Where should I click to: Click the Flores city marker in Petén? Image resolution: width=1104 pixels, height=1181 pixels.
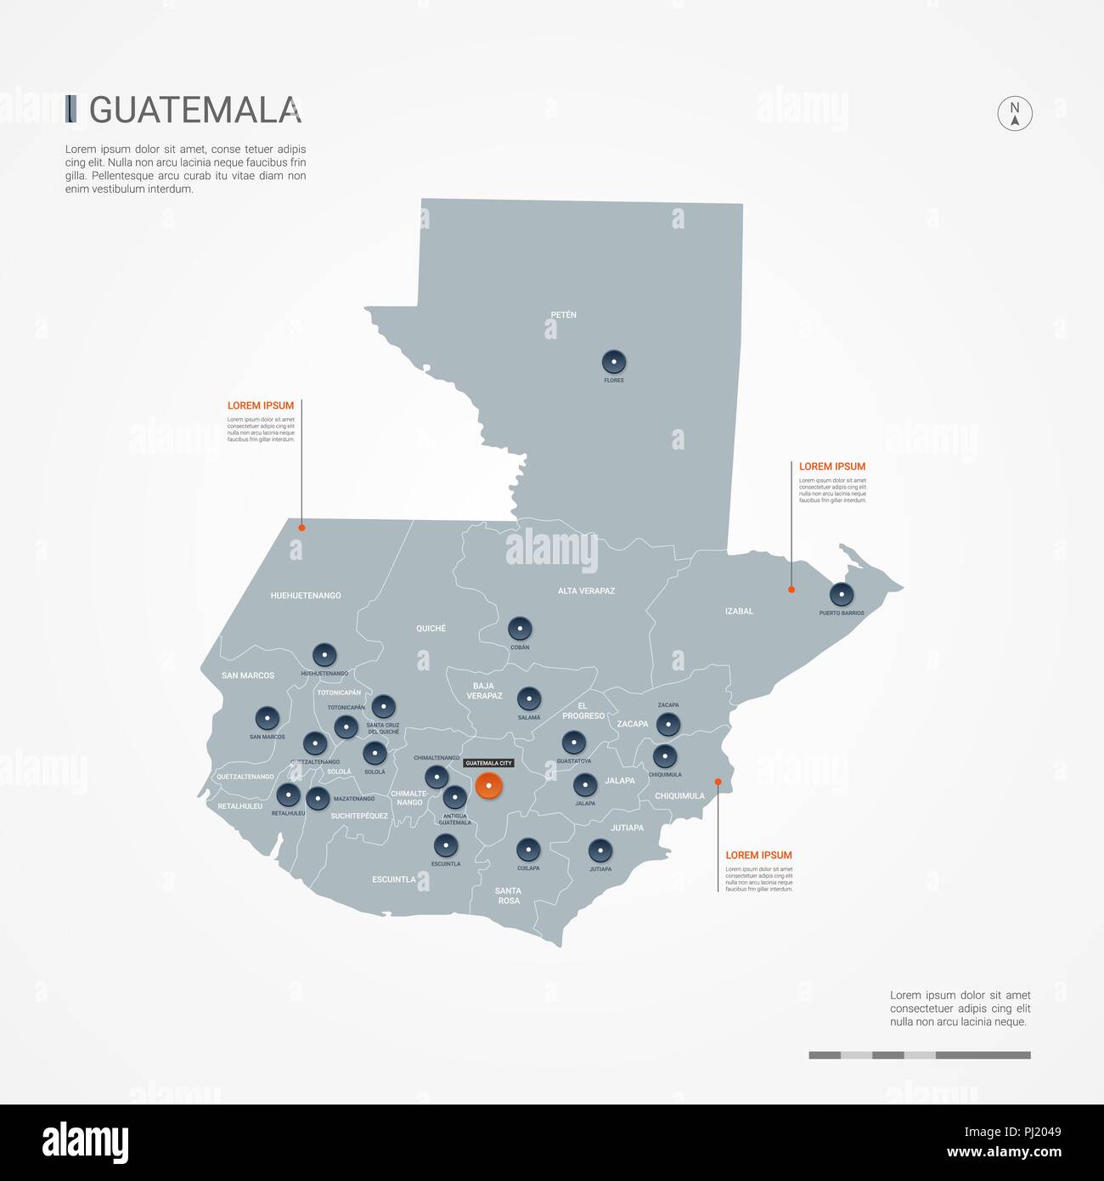click(613, 362)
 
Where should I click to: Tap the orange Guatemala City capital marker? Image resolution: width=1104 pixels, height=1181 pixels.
click(488, 786)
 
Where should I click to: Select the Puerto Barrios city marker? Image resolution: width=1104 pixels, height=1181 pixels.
click(842, 594)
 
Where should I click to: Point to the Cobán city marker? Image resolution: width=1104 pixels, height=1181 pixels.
click(520, 630)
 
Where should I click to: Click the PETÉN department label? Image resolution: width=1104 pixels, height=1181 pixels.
click(563, 315)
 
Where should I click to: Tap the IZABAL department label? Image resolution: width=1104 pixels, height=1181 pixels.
click(739, 611)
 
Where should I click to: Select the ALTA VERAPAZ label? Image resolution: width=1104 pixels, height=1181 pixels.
click(586, 590)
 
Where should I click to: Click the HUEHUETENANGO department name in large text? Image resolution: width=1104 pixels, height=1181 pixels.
click(306, 596)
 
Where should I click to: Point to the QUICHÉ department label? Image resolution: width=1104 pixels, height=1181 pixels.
click(431, 629)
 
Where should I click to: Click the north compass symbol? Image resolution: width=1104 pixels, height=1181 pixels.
click(1014, 113)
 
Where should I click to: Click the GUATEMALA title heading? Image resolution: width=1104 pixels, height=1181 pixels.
click(194, 110)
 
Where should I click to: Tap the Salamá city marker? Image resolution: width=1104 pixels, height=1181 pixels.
click(529, 699)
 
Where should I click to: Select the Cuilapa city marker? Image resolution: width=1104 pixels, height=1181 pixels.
click(528, 850)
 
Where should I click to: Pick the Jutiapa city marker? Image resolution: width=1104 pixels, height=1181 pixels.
click(600, 850)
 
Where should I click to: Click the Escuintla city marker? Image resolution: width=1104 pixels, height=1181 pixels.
click(446, 845)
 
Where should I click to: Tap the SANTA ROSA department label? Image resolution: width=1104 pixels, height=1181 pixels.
click(509, 896)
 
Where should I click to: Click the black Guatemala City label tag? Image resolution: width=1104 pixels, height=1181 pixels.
click(488, 763)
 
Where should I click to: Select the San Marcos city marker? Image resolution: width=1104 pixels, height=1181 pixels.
click(268, 718)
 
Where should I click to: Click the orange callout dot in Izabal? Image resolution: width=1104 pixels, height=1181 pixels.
click(791, 589)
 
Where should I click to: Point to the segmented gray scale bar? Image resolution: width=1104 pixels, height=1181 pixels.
click(919, 1055)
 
